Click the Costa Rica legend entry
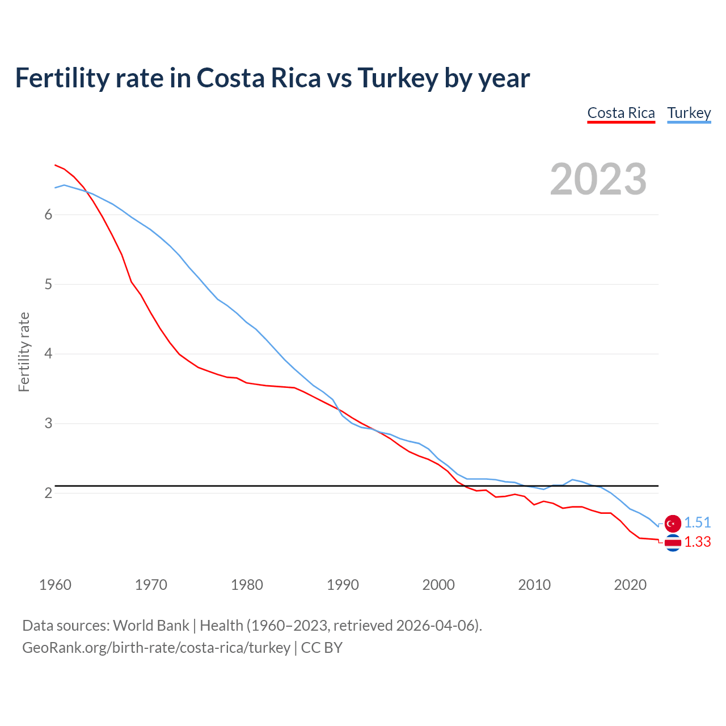click(x=621, y=113)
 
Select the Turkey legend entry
click(x=689, y=113)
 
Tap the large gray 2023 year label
click(x=598, y=179)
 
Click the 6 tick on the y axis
click(x=48, y=214)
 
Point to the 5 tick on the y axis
click(x=48, y=284)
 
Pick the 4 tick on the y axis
click(x=48, y=354)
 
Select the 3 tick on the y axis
click(x=48, y=424)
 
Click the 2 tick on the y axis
click(x=48, y=493)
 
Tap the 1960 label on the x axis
click(x=55, y=585)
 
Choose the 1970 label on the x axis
click(x=151, y=585)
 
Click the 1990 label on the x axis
click(x=343, y=585)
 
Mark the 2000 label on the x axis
click(x=438, y=585)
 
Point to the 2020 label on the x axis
click(x=630, y=585)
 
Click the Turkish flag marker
click(x=673, y=523)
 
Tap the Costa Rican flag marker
click(x=673, y=543)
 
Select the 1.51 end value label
click(x=697, y=522)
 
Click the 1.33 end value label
click(x=697, y=542)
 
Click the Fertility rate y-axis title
click(x=24, y=352)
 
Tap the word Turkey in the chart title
click(x=398, y=78)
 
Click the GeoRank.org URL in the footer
click(x=156, y=647)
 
